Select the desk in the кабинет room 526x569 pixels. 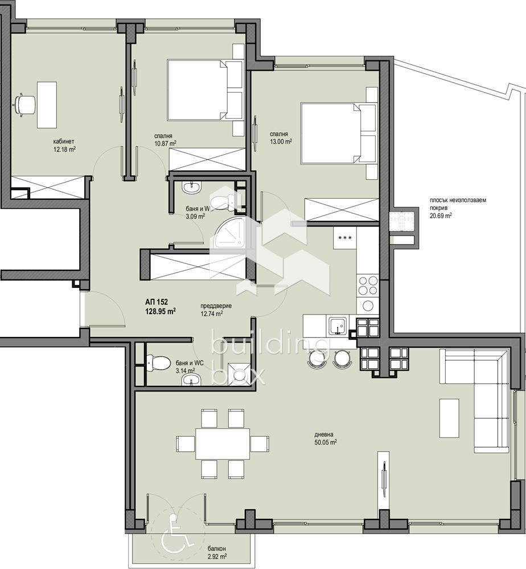coord(47,104)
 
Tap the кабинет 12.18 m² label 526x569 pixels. coord(64,146)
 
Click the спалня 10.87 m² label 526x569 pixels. coord(165,140)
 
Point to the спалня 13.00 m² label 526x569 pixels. coord(281,138)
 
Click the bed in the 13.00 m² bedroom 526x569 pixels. coord(336,132)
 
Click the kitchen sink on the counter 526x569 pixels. coord(336,326)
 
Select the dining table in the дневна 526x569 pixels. coord(223,443)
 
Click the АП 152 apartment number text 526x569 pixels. coord(157,302)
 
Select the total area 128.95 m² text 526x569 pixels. coord(160,311)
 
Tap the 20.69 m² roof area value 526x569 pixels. coord(441,216)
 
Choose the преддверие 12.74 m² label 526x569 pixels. coord(211,309)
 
